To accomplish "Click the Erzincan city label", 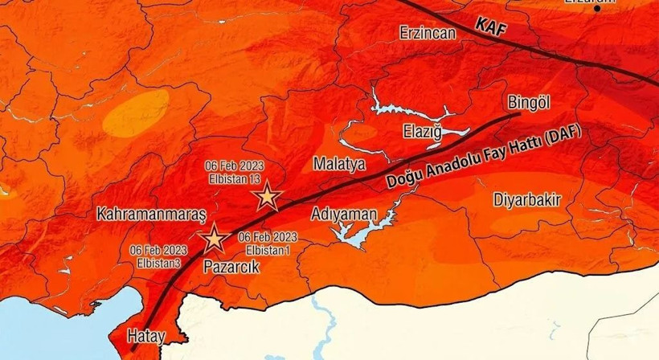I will point(428,33).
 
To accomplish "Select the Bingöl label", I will point(529,102).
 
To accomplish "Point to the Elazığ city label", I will point(424,131).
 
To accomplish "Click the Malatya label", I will point(339,164).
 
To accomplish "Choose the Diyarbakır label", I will point(526,200).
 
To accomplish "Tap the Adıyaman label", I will point(343,214).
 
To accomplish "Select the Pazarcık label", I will point(231,267).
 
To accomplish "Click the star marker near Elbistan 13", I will point(267,197).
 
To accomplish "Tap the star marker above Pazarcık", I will point(214,239).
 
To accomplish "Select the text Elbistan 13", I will point(233,178).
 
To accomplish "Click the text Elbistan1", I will point(268,249).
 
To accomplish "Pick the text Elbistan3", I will point(158,263).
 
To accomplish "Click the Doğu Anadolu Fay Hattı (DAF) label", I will point(483,158).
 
